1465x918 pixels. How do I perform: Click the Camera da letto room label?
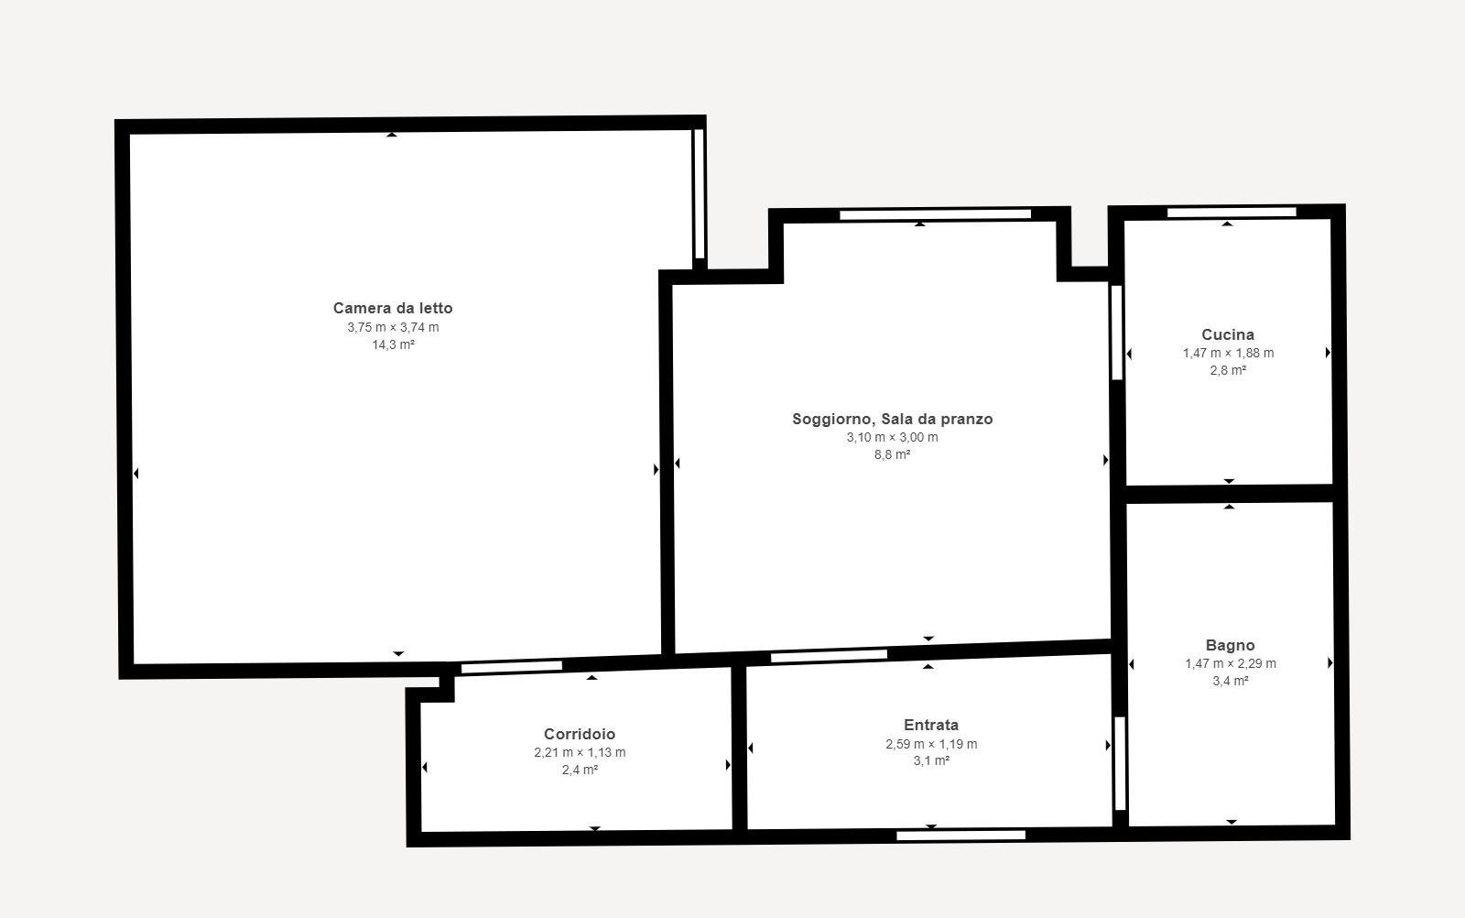click(393, 308)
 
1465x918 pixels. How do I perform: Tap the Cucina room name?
click(1228, 334)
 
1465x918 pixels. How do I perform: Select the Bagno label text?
click(1231, 645)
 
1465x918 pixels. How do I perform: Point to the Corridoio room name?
click(580, 734)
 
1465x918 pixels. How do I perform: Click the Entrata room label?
click(931, 725)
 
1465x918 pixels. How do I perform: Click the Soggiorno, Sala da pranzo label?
click(892, 419)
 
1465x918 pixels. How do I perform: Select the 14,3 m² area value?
click(393, 344)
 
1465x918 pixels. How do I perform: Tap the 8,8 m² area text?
click(892, 454)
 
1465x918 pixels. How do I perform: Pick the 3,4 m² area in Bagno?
click(1231, 681)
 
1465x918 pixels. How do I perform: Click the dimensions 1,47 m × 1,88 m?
click(1228, 353)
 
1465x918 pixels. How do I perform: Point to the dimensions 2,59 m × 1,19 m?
click(931, 744)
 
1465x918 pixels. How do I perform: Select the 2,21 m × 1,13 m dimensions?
click(580, 752)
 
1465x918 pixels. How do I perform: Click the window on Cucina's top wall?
click(1232, 212)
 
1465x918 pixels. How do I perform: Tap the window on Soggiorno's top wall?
click(935, 214)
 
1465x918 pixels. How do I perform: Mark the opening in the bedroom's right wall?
click(700, 193)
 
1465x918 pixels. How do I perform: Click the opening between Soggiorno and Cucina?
click(1117, 333)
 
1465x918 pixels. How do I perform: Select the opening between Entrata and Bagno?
click(1120, 763)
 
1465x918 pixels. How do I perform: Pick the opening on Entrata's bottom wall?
click(960, 836)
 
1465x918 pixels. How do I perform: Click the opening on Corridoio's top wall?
click(512, 667)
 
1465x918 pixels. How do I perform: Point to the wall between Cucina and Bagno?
click(1230, 494)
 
